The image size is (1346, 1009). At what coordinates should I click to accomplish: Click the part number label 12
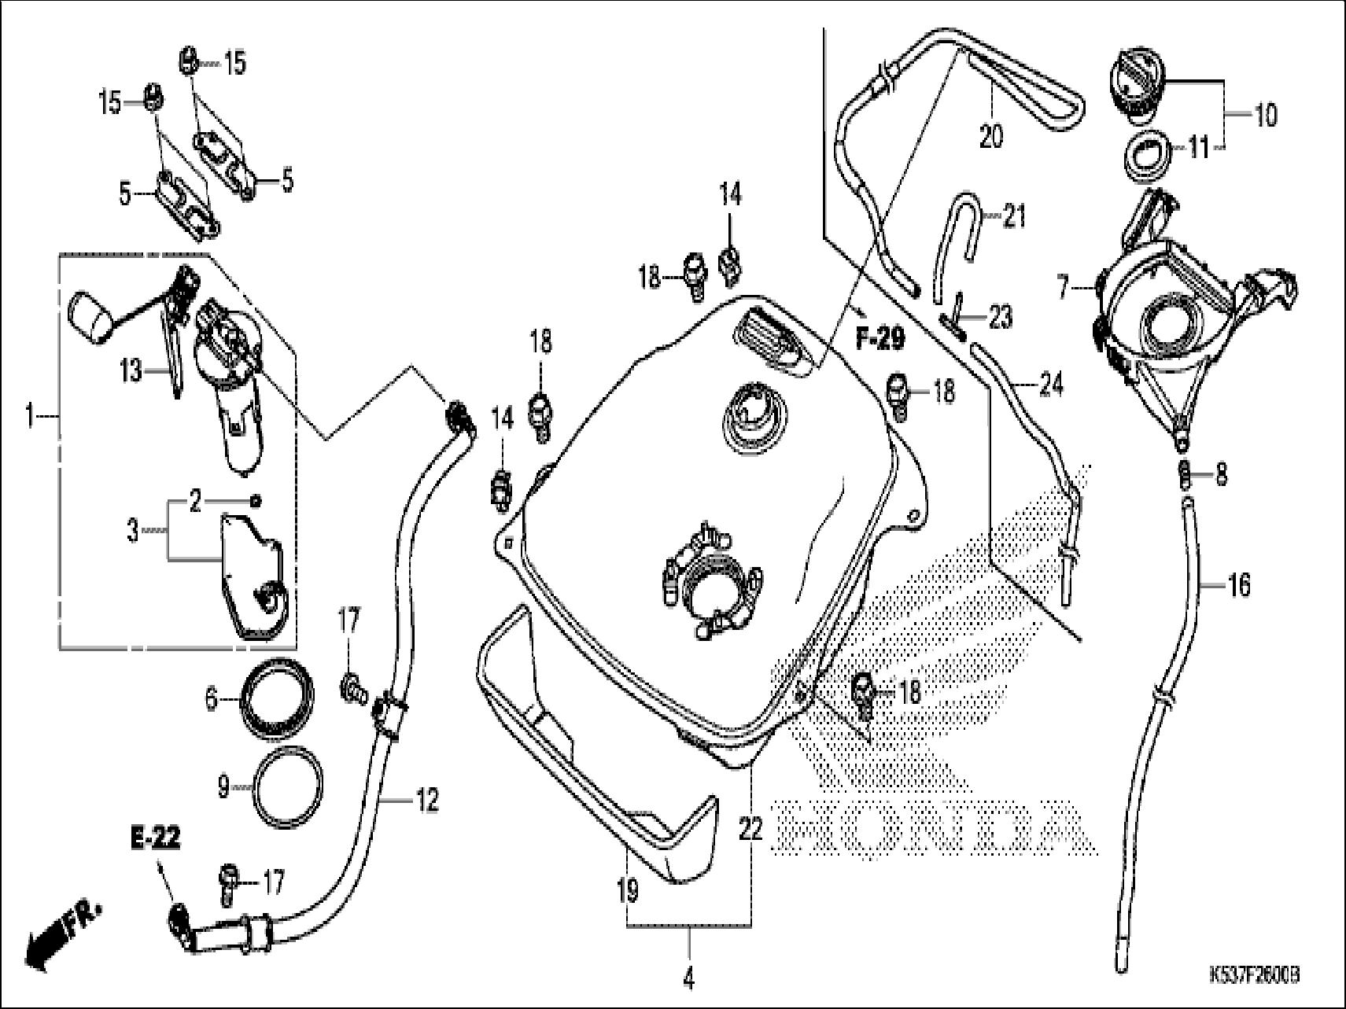coord(426,801)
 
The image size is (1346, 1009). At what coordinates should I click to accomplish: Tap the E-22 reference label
coord(155,838)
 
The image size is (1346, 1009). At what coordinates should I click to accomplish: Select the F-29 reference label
coord(880,340)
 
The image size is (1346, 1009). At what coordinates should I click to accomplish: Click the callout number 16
coord(1238,584)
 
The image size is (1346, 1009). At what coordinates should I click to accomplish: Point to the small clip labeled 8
coord(1182,473)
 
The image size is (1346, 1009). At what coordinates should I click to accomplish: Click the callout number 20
coord(991,136)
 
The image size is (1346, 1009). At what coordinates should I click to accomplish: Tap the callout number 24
coord(1051,385)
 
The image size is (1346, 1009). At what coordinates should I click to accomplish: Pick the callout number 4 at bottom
coord(688,980)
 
